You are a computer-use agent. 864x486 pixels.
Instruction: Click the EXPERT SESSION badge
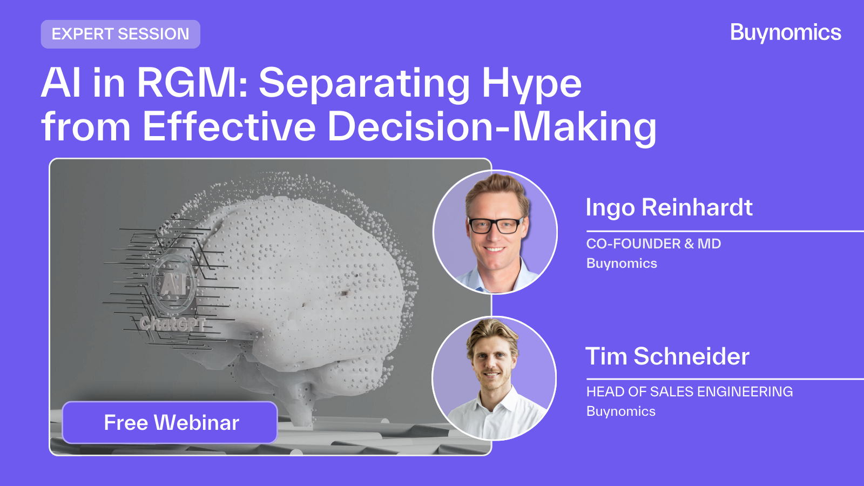120,35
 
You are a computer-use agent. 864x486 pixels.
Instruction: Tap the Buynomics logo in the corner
785,33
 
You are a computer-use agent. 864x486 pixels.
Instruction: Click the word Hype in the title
531,84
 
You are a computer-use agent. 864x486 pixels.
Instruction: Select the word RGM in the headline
192,83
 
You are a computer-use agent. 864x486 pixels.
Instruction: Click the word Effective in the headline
229,126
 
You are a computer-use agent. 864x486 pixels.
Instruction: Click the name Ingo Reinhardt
669,207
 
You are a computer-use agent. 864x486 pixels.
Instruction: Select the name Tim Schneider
667,356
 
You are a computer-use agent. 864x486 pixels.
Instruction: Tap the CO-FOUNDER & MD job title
653,244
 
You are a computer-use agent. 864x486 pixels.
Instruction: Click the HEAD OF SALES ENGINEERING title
689,392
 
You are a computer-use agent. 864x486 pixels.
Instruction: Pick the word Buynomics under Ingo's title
622,264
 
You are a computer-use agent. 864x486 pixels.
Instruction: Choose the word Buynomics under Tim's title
620,411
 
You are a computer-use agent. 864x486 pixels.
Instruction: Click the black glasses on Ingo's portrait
496,225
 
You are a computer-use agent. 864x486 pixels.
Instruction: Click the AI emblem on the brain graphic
173,284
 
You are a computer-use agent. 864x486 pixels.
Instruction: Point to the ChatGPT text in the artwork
172,324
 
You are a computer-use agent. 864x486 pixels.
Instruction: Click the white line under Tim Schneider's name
725,379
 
